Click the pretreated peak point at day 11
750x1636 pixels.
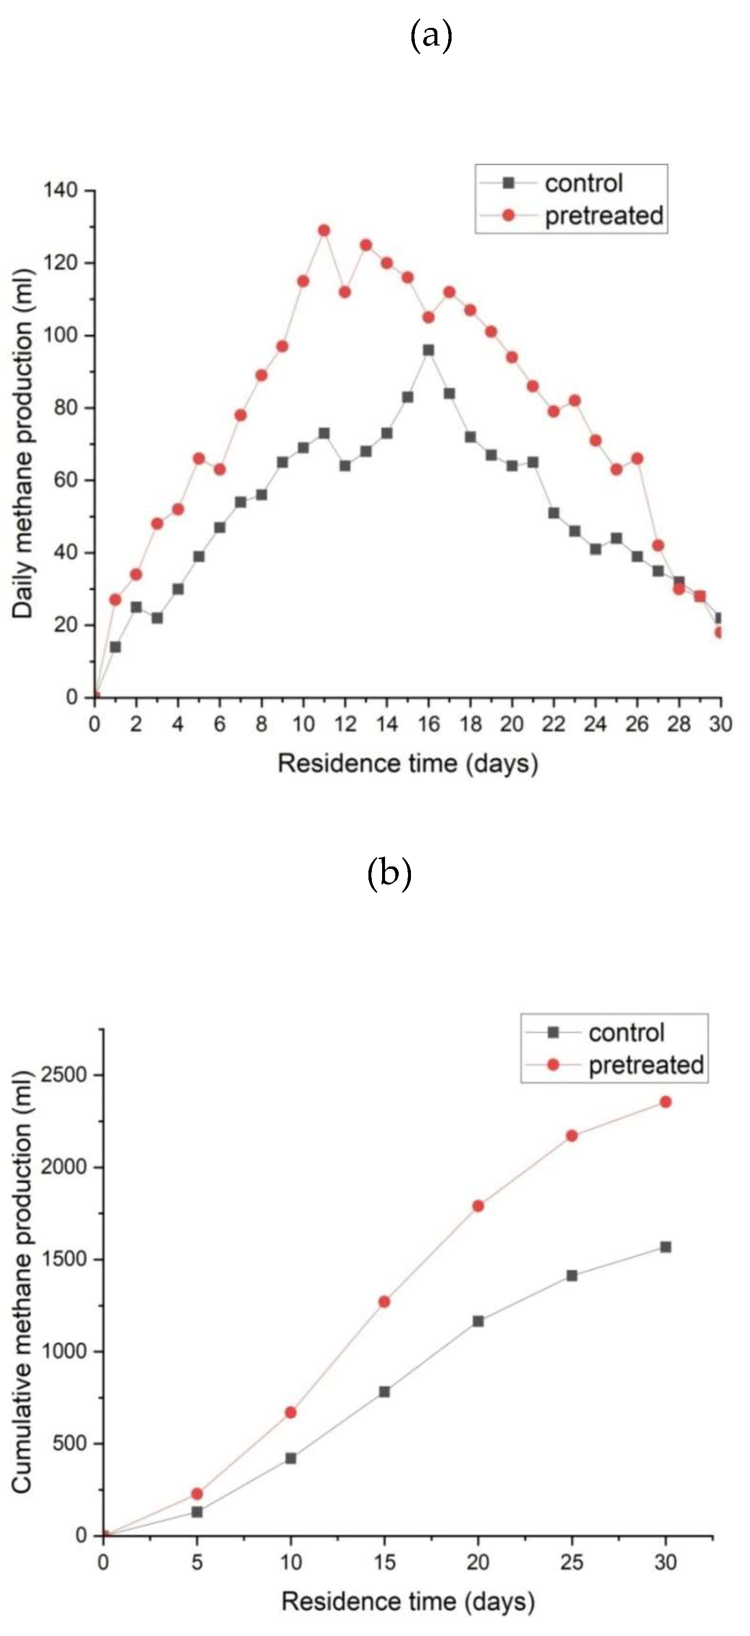324,230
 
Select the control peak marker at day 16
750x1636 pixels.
429,350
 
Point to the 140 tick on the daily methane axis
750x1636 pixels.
60,190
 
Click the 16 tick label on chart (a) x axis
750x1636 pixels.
429,724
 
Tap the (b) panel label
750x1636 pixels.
389,874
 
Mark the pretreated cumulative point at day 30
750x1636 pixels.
665,1102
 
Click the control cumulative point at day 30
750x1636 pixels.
665,1247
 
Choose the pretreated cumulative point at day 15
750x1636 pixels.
384,1301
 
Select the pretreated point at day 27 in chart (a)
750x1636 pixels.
658,545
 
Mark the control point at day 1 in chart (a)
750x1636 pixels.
115,647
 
